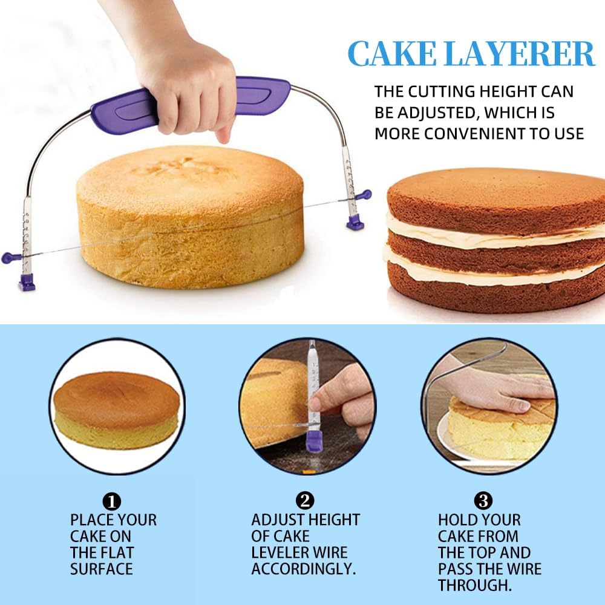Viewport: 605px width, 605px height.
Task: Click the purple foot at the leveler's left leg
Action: [x=26, y=282]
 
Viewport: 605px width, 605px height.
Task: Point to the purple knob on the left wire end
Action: [x=8, y=258]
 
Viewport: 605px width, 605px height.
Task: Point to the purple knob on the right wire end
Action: [x=365, y=195]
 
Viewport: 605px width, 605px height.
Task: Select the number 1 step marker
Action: [x=113, y=501]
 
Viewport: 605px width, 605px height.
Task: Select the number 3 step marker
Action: [x=483, y=501]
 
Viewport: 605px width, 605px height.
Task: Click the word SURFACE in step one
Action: [x=101, y=569]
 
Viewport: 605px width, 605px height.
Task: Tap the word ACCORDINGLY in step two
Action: [x=303, y=569]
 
